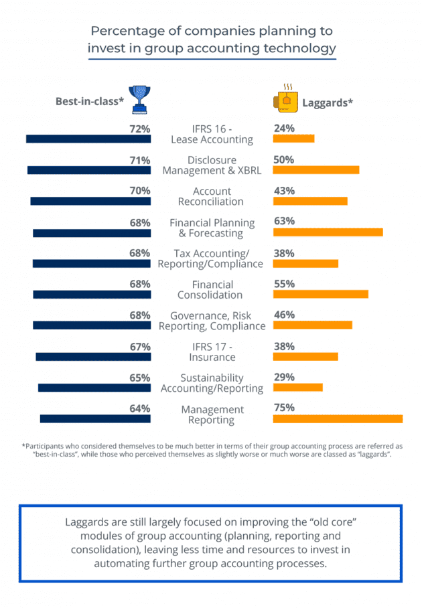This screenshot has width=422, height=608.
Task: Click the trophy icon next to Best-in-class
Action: click(x=139, y=98)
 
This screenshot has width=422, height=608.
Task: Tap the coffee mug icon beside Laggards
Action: click(x=285, y=98)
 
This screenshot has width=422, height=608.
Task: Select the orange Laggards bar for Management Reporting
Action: click(x=338, y=419)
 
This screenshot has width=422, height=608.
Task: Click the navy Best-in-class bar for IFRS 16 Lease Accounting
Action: click(x=88, y=139)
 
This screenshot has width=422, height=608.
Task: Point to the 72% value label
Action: click(x=139, y=129)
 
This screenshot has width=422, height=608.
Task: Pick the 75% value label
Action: click(x=284, y=408)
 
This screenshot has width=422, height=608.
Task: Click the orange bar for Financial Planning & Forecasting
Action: click(x=328, y=232)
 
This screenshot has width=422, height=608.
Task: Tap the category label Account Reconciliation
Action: click(x=212, y=196)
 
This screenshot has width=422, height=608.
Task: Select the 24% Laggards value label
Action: click(x=284, y=129)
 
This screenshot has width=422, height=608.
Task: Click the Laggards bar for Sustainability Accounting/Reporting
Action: click(x=298, y=387)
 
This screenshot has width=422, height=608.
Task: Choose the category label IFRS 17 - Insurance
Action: click(x=212, y=352)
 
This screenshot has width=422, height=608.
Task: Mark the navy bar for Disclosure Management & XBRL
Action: click(x=89, y=170)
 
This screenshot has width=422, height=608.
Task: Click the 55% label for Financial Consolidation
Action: click(x=284, y=284)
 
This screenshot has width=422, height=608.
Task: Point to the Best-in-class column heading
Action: click(x=90, y=102)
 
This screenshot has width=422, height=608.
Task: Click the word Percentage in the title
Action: click(x=123, y=31)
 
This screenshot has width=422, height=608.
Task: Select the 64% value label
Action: click(x=139, y=408)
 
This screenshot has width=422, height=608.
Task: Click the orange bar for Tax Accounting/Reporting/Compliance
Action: click(x=305, y=263)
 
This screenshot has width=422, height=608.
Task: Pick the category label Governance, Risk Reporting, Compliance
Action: click(x=212, y=321)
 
